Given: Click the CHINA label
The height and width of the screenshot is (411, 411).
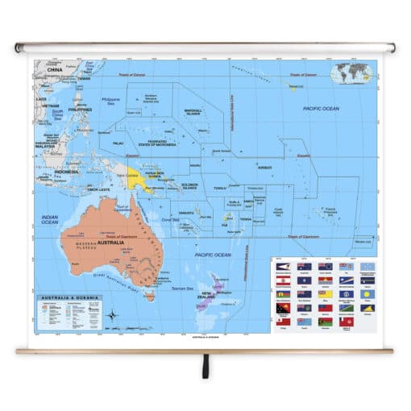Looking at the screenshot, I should click(54, 71).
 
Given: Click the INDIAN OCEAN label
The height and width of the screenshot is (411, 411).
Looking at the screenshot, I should click(50, 218).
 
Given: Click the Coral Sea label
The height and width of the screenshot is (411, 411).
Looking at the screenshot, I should click(170, 219).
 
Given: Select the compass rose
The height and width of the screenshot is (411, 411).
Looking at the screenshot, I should click(113, 314).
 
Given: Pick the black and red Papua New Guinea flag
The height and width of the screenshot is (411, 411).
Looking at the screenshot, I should click(283, 309).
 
